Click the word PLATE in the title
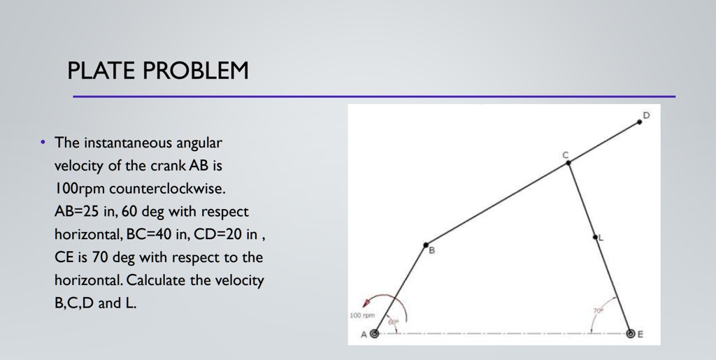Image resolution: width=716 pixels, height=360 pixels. (x=99, y=71)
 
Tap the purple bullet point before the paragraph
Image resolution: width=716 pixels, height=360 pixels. (x=43, y=143)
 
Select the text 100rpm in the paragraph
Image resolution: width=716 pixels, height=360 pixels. (x=80, y=189)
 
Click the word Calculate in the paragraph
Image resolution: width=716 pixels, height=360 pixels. (x=157, y=281)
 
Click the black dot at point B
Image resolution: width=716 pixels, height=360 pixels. (x=425, y=245)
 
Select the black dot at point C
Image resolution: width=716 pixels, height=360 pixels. (x=568, y=163)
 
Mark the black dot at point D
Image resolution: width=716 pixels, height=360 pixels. (x=639, y=122)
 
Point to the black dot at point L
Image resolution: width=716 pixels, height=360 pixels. (x=596, y=238)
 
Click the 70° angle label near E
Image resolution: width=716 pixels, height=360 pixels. (x=598, y=310)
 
